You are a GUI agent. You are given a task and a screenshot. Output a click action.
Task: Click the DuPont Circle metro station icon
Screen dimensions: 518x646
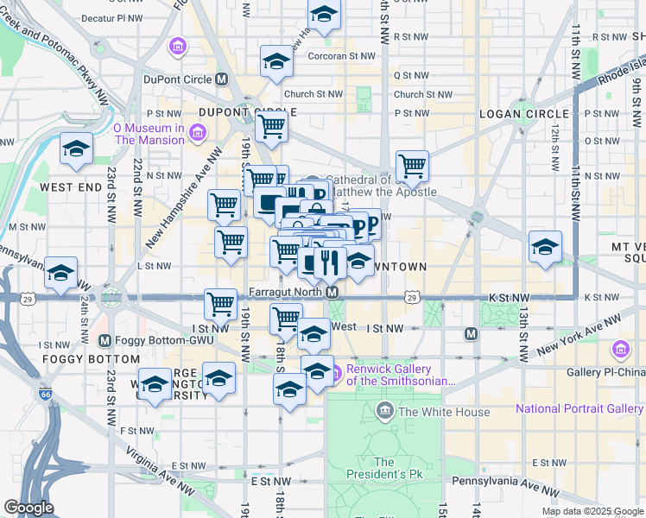tap(222, 79)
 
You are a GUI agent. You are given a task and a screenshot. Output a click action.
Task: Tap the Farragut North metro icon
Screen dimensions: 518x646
tap(331, 292)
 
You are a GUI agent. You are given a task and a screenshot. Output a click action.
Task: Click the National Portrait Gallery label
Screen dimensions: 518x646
tap(579, 408)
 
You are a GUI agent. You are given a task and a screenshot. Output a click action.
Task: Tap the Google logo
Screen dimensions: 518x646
tap(28, 508)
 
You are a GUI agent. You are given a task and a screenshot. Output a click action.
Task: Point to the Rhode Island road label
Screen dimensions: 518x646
tap(619, 71)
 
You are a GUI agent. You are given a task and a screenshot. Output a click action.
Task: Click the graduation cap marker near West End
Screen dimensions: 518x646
tap(76, 149)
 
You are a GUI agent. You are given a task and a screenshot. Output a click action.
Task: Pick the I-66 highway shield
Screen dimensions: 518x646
tap(44, 395)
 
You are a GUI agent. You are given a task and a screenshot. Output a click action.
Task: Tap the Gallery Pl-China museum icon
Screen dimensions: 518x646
tap(620, 350)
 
